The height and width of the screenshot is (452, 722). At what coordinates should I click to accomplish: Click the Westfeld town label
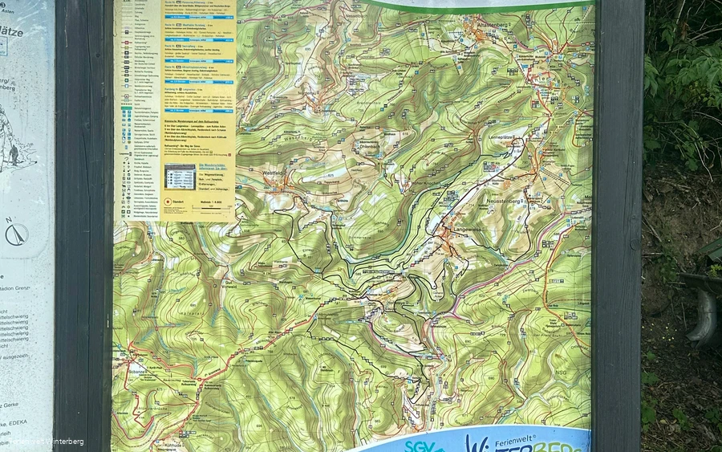274,173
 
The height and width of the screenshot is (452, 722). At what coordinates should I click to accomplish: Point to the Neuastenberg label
503,200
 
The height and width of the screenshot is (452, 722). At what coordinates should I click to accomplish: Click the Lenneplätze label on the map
502,138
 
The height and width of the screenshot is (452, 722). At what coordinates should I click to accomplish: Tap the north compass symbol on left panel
16,233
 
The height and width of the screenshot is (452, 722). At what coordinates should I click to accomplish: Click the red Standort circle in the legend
168,202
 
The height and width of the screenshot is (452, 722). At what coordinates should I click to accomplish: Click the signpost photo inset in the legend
180,176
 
